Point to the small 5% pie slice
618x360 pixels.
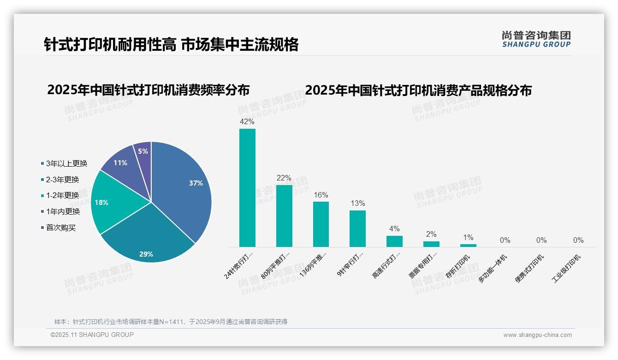tap(143, 151)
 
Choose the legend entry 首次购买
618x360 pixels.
tap(60, 228)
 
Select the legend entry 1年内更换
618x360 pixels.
tap(63, 211)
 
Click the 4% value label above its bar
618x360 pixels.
tap(394, 229)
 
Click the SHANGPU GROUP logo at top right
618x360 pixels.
tap(536, 39)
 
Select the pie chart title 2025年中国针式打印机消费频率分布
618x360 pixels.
tap(148, 90)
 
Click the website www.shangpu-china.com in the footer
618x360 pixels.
tap(537, 335)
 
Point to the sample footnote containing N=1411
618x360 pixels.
tap(171, 322)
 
